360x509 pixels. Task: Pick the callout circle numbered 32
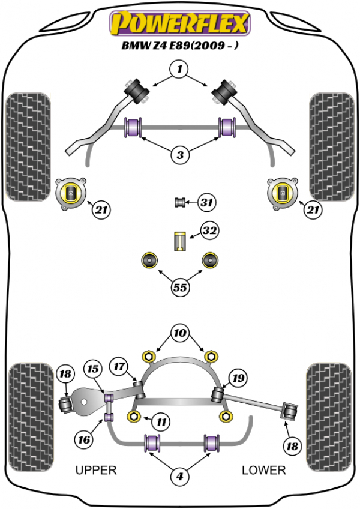[x=209, y=230]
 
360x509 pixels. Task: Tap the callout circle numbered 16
[x=85, y=440]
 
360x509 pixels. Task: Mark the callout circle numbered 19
[x=239, y=378]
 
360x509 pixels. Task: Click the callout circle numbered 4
[x=179, y=477]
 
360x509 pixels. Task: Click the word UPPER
[x=96, y=470]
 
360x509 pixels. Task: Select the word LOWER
[x=264, y=470]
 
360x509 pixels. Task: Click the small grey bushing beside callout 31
[x=179, y=202]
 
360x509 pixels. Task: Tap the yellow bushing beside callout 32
[x=179, y=240]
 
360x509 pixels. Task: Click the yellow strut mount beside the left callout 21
[x=71, y=193]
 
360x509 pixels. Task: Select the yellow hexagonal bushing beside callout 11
[x=134, y=416]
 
